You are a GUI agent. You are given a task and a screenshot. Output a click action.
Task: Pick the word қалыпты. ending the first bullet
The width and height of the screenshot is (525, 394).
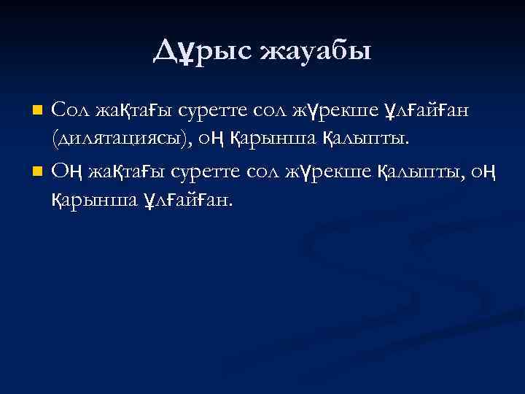tap(362, 137)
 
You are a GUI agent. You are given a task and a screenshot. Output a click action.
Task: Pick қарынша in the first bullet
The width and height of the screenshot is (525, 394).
tap(276, 137)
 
